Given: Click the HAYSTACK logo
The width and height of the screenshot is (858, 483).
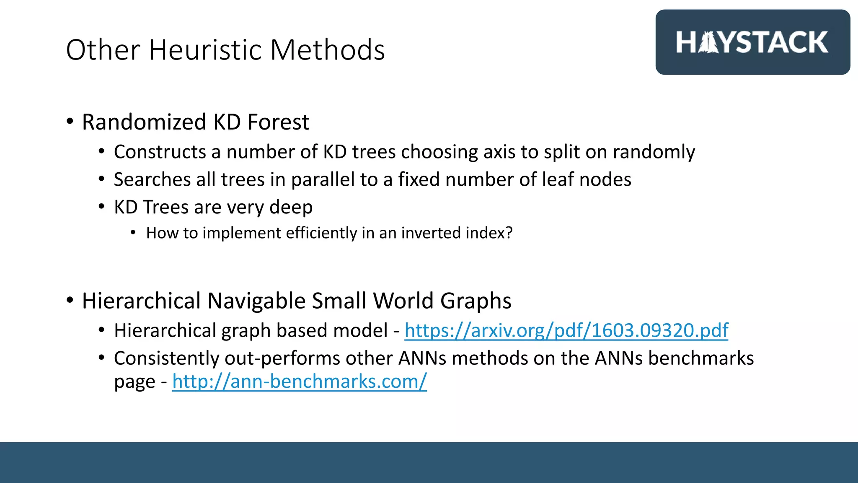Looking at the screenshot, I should (x=752, y=42).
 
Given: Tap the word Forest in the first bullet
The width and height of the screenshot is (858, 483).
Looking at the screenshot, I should (x=278, y=122).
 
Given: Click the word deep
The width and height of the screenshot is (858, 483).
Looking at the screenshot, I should (x=291, y=207).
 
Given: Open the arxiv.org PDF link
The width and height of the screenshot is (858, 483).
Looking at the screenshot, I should (x=566, y=330).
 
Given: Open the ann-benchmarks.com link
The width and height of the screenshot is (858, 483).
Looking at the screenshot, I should (x=300, y=382).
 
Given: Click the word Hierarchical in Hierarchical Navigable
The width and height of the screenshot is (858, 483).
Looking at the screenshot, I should (x=141, y=301).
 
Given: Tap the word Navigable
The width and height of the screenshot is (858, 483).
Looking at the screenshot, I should (x=256, y=301).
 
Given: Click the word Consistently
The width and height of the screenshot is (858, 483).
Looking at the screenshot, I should (x=166, y=358).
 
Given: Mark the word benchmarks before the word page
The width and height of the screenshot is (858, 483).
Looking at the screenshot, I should (x=701, y=358).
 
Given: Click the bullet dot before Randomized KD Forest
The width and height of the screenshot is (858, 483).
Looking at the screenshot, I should (x=70, y=122).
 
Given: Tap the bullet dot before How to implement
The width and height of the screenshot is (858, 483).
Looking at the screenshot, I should (x=133, y=233).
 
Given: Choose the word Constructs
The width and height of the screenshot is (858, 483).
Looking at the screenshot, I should (x=160, y=152).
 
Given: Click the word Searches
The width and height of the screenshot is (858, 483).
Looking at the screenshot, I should (x=152, y=179).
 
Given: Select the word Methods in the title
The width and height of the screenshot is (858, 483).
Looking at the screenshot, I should (x=327, y=50).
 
